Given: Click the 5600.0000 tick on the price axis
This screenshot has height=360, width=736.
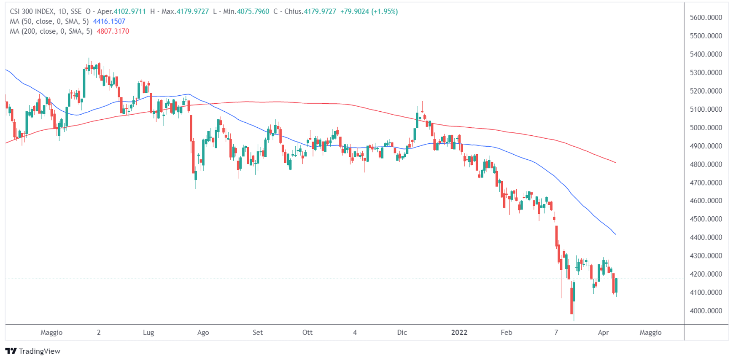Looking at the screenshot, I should click(706, 18).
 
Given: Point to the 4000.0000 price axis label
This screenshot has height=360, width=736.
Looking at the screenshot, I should click(706, 311).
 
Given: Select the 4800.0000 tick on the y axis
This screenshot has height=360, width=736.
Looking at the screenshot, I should click(706, 164).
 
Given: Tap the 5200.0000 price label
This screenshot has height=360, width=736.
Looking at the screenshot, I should click(706, 91).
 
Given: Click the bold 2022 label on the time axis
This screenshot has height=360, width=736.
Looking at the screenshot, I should click(459, 333).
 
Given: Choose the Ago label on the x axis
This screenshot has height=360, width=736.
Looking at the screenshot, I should click(203, 333).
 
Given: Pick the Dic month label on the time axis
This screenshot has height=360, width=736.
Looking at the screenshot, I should click(402, 333).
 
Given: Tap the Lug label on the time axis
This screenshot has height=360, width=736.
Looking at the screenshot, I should click(148, 333).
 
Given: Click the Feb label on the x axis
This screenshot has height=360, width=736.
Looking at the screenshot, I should click(506, 333).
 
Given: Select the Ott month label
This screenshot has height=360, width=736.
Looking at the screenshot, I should click(307, 333).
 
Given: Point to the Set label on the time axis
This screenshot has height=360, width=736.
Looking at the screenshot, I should click(258, 333).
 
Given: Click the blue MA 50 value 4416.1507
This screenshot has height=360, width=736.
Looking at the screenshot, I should click(109, 21).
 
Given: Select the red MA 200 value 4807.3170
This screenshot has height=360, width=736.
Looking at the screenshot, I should click(113, 31).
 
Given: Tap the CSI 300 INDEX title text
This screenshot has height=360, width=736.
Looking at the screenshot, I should click(32, 11).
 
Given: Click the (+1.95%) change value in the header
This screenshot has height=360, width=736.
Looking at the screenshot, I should click(384, 11).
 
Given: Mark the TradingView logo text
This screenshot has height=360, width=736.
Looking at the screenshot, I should click(39, 351).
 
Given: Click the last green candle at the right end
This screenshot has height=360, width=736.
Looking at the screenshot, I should click(617, 285).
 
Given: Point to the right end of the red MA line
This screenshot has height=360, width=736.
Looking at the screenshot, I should click(616, 163).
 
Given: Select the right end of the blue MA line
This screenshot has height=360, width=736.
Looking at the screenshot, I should click(616, 234).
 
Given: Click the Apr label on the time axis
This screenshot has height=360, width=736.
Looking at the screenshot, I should click(603, 333).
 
